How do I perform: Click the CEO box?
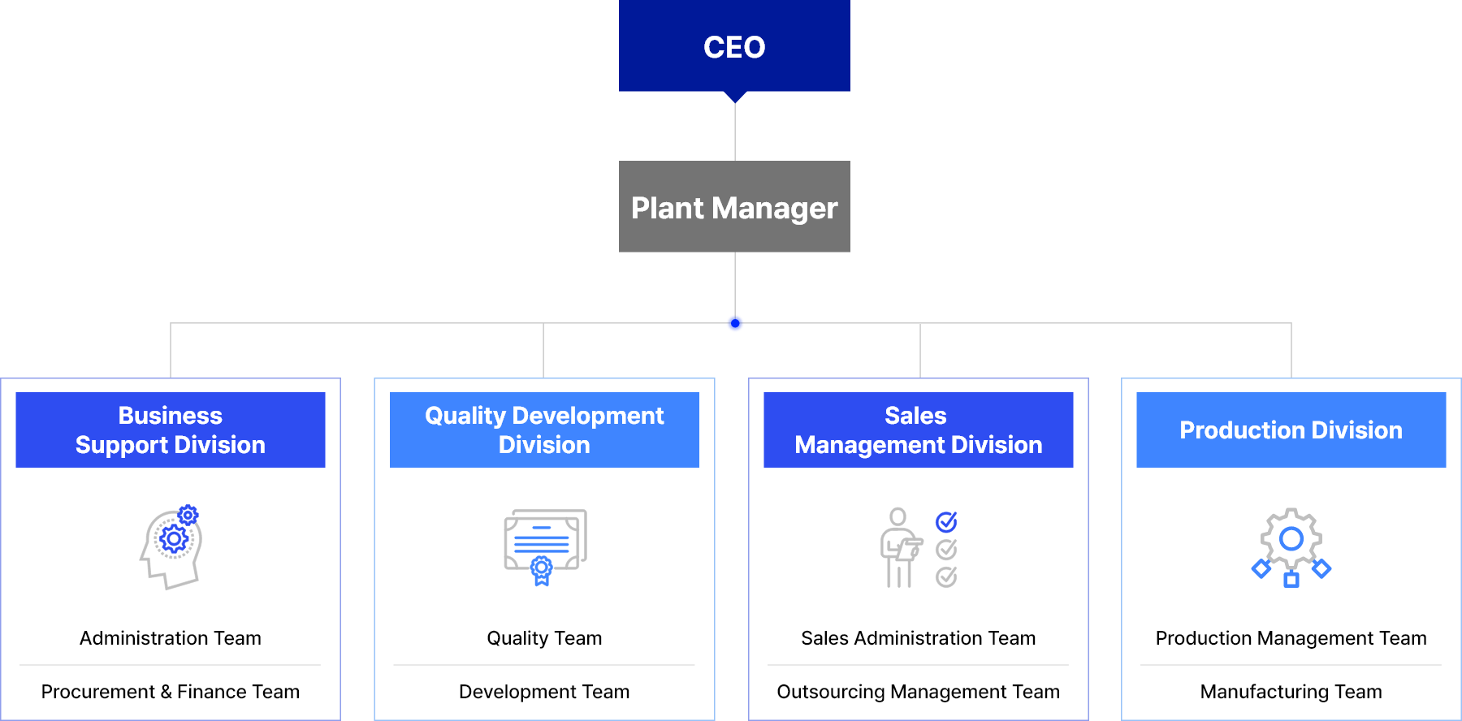(734, 46)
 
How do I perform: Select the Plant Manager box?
(734, 207)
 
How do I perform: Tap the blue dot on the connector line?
(735, 323)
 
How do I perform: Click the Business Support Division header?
(171, 430)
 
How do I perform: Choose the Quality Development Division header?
(544, 430)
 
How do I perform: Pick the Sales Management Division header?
(918, 430)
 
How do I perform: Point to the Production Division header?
(1291, 430)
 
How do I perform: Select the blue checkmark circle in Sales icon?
(946, 521)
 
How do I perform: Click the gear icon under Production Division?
(1291, 539)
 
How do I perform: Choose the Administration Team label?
(171, 638)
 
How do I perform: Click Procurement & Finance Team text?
(171, 692)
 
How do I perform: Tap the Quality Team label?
(544, 638)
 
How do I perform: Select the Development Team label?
(544, 692)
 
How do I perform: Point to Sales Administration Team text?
(918, 638)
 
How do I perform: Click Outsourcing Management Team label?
(918, 692)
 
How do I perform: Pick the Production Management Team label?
(1291, 638)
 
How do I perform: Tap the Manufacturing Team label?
(1291, 692)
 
